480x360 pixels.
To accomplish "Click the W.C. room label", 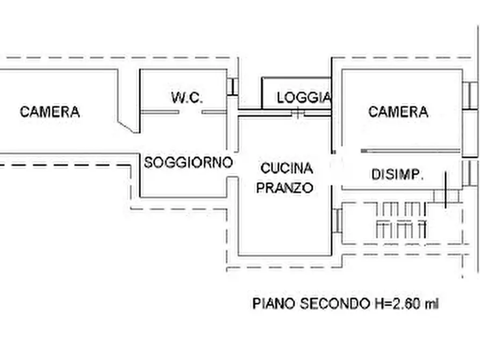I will [x=187, y=98].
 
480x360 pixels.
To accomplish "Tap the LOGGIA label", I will [x=304, y=98].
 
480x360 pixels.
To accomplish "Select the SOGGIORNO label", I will [x=188, y=162].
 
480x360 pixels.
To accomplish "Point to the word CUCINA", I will [x=286, y=168].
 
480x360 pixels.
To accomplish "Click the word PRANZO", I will [x=285, y=188].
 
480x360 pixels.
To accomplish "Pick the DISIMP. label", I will [x=398, y=174].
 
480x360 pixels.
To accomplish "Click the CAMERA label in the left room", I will [x=49, y=112].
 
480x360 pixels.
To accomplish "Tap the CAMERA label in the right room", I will [x=398, y=112].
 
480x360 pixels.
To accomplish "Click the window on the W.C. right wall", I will [x=232, y=87].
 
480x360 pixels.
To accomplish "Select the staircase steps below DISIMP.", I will [x=401, y=220].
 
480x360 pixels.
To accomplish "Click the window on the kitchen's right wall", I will [x=337, y=220].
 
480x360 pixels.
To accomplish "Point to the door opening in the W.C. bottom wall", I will [x=190, y=112].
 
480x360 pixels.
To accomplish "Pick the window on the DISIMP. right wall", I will [x=469, y=173].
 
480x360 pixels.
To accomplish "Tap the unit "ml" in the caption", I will [x=432, y=304].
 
